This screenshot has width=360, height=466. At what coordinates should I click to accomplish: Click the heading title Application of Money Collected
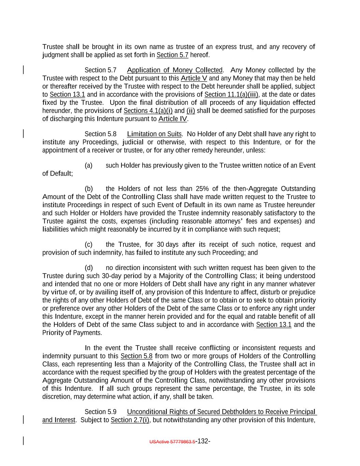[174, 70]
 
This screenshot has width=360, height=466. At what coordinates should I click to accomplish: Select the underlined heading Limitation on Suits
[154, 134]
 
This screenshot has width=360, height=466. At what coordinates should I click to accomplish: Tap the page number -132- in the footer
[203, 441]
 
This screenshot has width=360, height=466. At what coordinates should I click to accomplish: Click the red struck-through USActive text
[172, 442]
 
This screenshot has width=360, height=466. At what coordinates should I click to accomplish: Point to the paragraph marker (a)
[88, 166]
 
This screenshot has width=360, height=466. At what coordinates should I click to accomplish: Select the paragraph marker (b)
[88, 189]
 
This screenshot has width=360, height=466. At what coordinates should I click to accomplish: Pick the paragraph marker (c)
[88, 245]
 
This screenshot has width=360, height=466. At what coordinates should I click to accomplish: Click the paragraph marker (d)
[88, 268]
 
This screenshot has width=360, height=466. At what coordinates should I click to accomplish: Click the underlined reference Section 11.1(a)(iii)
[231, 95]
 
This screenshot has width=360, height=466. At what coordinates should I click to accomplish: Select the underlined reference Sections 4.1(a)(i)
[148, 111]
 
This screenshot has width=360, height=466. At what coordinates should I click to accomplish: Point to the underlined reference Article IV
[173, 119]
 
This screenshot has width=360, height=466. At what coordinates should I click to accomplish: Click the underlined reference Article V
[194, 79]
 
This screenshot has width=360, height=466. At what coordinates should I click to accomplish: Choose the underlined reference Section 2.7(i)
[130, 420]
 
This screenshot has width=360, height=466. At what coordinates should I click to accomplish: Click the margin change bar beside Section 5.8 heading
[23, 133]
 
